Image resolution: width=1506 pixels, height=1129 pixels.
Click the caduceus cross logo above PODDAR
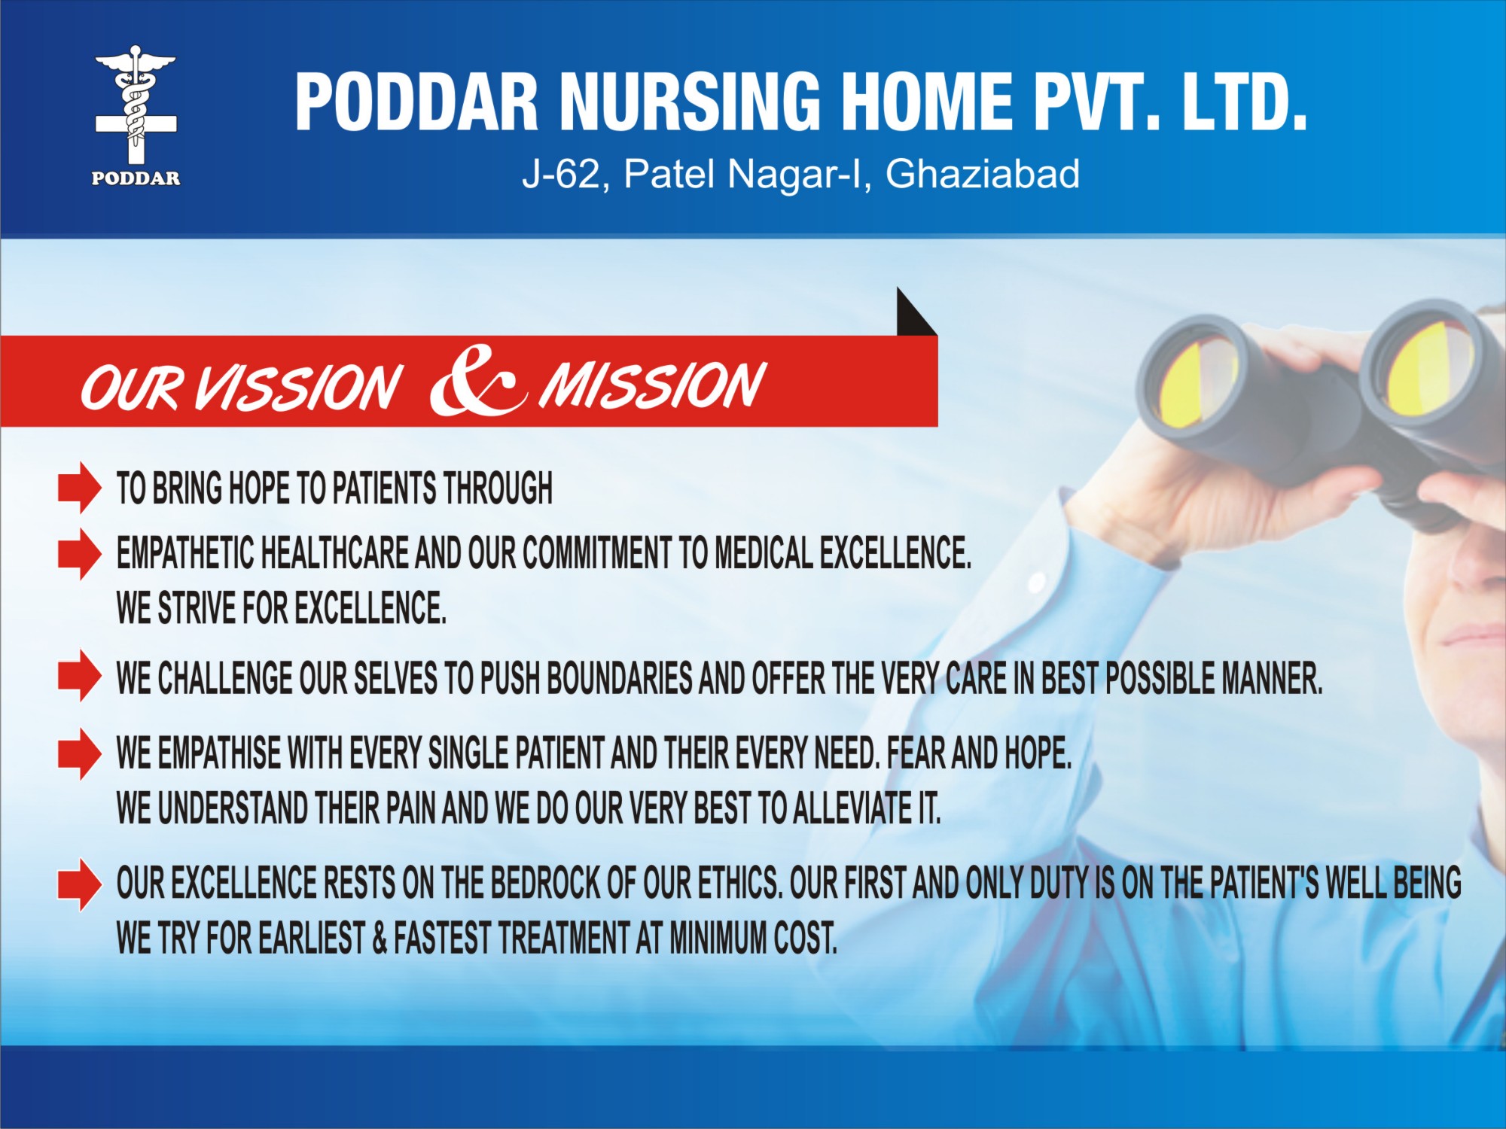[x=136, y=105]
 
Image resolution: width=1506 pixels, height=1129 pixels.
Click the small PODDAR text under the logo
[x=136, y=179]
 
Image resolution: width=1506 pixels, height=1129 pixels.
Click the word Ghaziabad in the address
[x=983, y=175]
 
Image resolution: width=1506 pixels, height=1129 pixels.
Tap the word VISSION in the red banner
[x=297, y=388]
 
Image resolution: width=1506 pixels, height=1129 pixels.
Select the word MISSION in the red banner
[x=652, y=385]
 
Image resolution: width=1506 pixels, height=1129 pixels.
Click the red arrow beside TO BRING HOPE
[x=79, y=488]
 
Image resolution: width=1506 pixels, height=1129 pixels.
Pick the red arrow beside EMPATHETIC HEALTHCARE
[x=79, y=553]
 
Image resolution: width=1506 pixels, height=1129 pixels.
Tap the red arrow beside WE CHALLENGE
[x=79, y=675]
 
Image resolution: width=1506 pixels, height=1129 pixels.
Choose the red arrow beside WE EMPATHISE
[x=79, y=753]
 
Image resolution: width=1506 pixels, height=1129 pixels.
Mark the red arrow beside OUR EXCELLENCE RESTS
[x=79, y=884]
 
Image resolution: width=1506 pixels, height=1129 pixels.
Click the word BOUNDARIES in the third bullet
[x=619, y=678]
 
